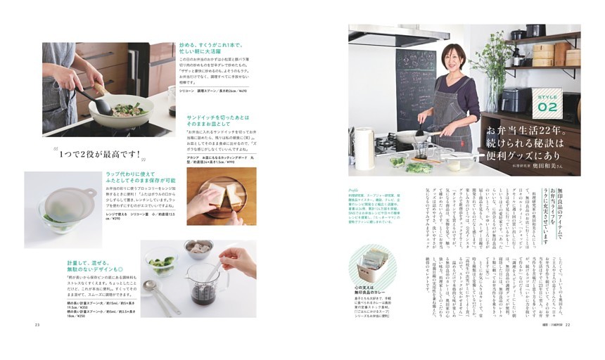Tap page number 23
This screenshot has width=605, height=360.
tap(27, 324)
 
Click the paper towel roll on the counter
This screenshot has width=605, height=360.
tap(363, 148)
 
